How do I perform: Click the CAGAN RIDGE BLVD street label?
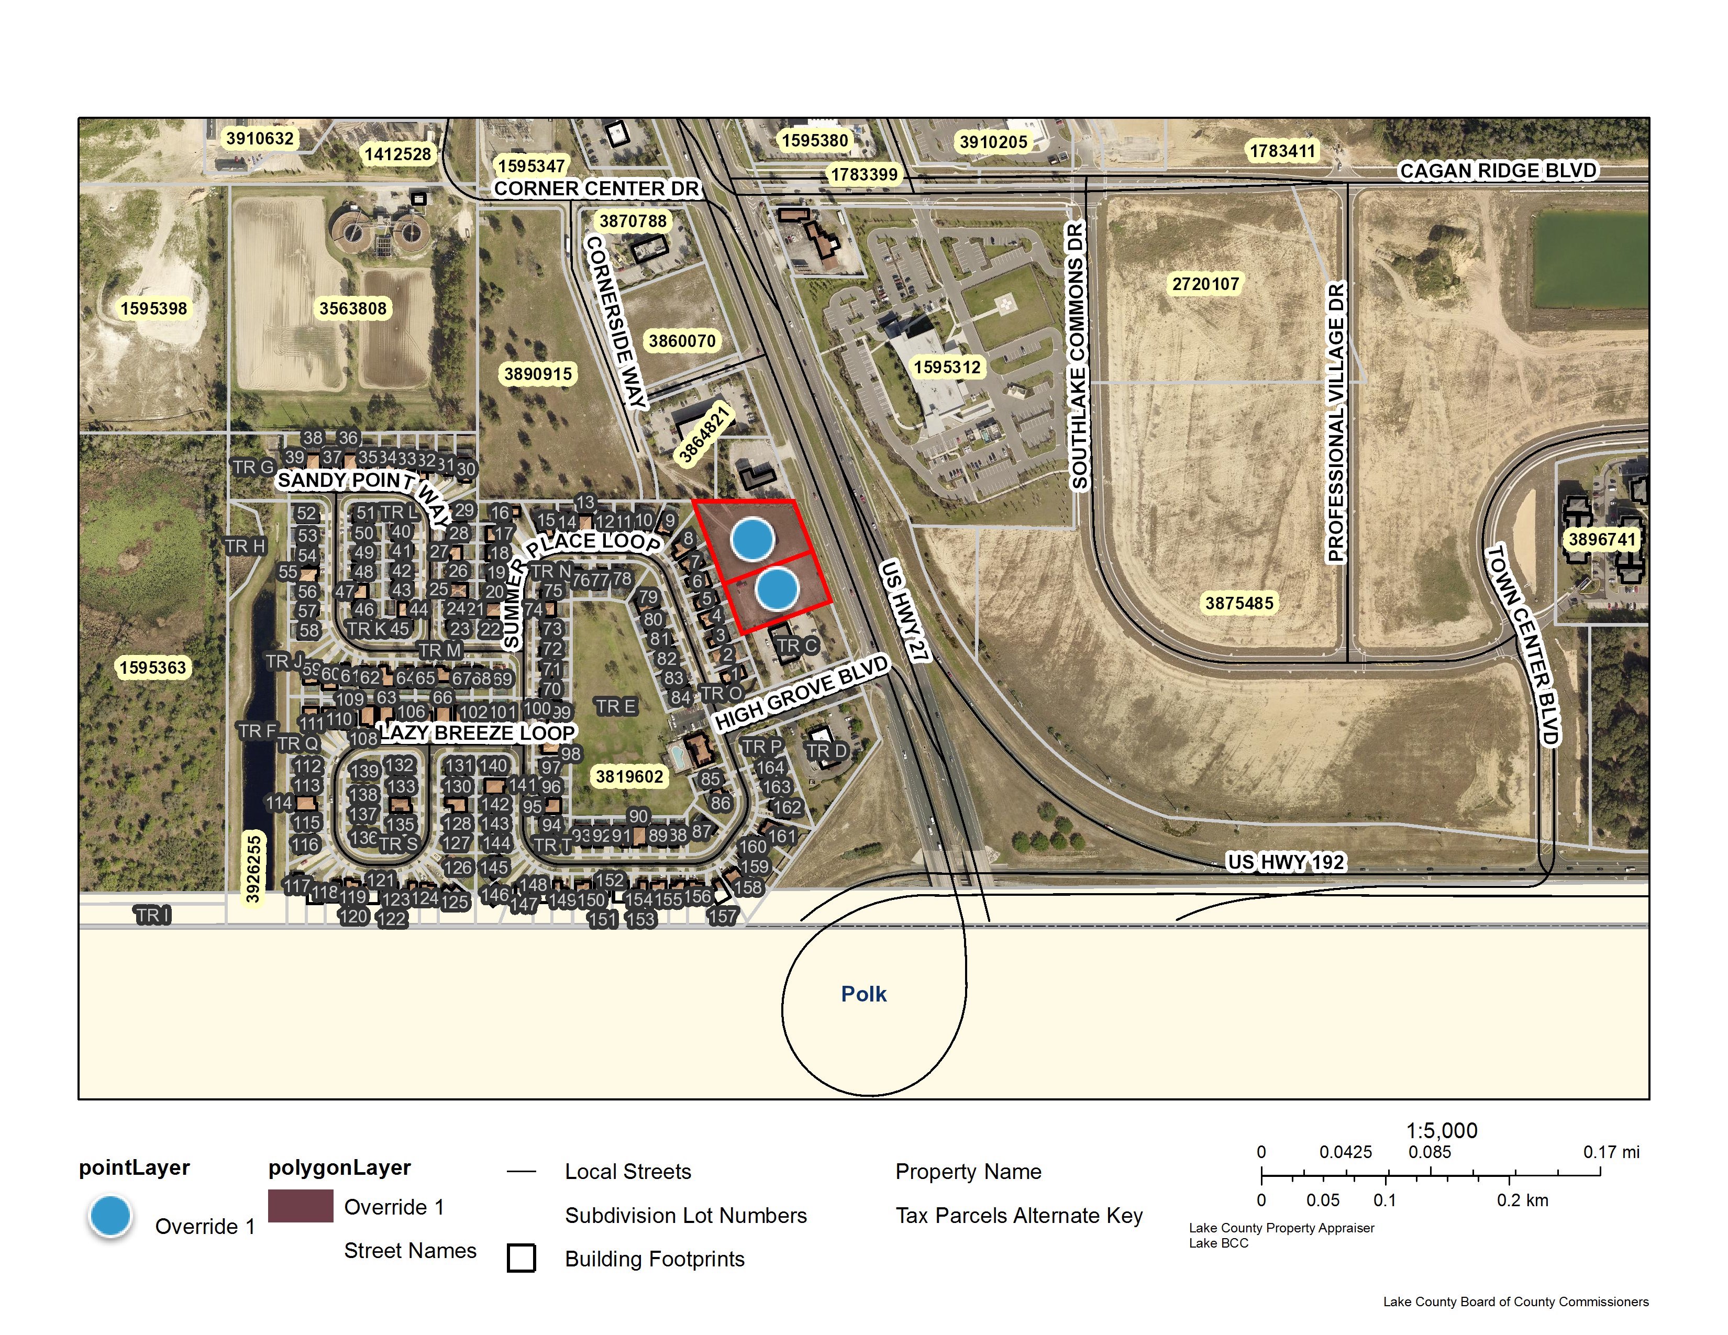point(1497,171)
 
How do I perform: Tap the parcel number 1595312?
point(947,367)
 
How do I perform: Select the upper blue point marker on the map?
point(751,539)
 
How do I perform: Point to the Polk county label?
point(863,994)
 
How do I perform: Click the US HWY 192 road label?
point(1285,861)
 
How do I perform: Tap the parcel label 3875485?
point(1239,604)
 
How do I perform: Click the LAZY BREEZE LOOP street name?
point(477,732)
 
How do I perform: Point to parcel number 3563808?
point(353,308)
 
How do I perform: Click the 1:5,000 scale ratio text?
point(1442,1130)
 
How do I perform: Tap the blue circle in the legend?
point(110,1216)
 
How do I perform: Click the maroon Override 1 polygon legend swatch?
point(300,1206)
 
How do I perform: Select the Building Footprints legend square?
point(520,1258)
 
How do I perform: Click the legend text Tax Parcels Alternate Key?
point(1019,1216)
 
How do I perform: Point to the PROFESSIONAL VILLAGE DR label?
point(1336,422)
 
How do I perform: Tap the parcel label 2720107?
point(1205,284)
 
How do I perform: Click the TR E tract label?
point(616,706)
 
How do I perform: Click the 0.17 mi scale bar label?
point(1611,1152)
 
